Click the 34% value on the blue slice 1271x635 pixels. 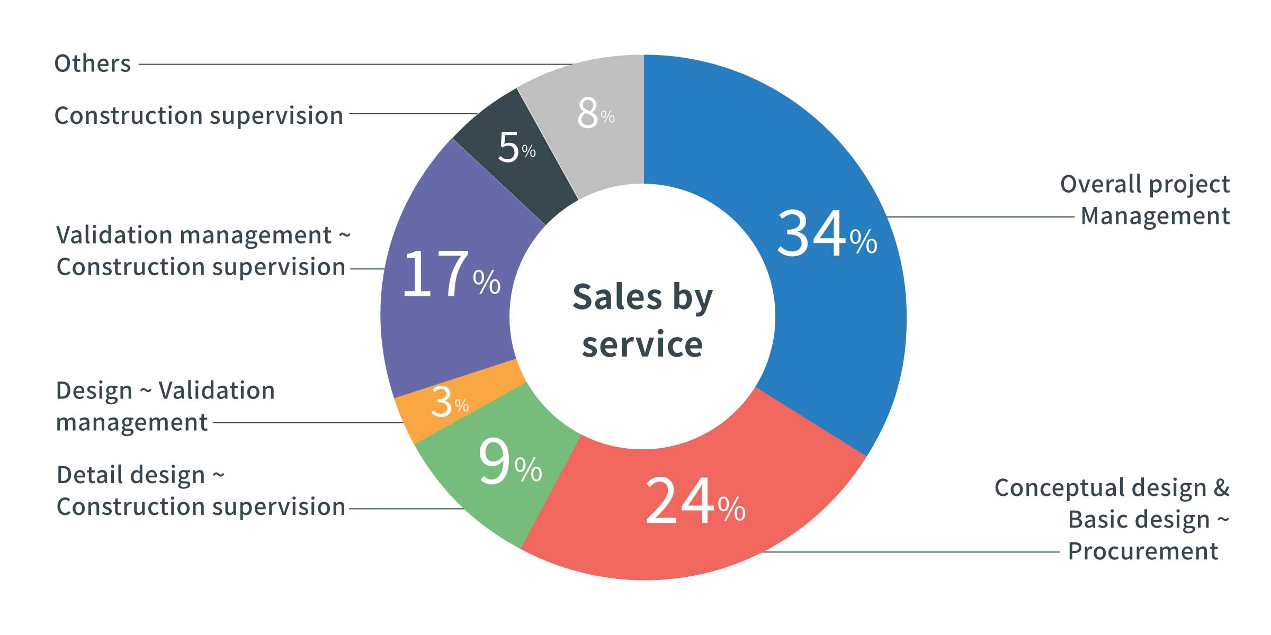[826, 234]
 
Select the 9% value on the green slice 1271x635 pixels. [509, 461]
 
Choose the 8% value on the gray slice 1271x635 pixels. [595, 113]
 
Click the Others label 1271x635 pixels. [93, 63]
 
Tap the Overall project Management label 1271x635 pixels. [1145, 200]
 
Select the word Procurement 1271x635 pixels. [1143, 551]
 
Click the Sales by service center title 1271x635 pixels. [642, 320]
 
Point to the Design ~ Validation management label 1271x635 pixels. [165, 406]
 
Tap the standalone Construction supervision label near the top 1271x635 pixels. [199, 115]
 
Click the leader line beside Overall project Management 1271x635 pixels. [980, 217]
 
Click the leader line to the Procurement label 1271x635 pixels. [911, 552]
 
